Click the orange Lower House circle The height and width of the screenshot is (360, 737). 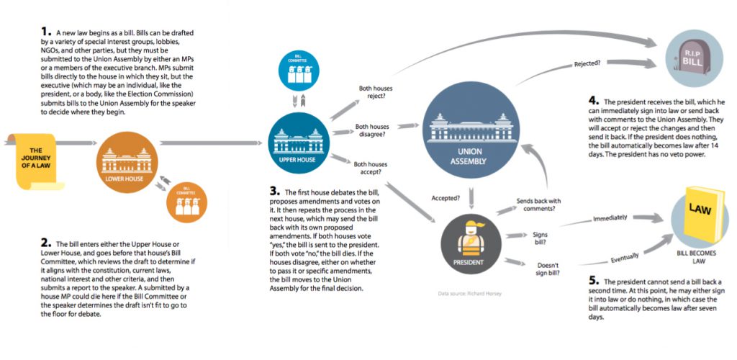[127, 162]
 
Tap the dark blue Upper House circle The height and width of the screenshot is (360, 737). [299, 143]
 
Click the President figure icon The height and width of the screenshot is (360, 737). [471, 244]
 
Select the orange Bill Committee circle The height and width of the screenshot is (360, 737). [186, 202]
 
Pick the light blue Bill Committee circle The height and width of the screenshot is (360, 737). [299, 70]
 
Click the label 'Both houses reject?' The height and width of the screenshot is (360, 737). [376, 91]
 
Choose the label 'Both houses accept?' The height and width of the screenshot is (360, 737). [371, 168]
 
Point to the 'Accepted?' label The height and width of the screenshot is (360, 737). [446, 198]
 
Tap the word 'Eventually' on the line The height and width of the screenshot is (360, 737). [625, 257]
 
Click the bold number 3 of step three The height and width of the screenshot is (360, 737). [274, 191]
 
